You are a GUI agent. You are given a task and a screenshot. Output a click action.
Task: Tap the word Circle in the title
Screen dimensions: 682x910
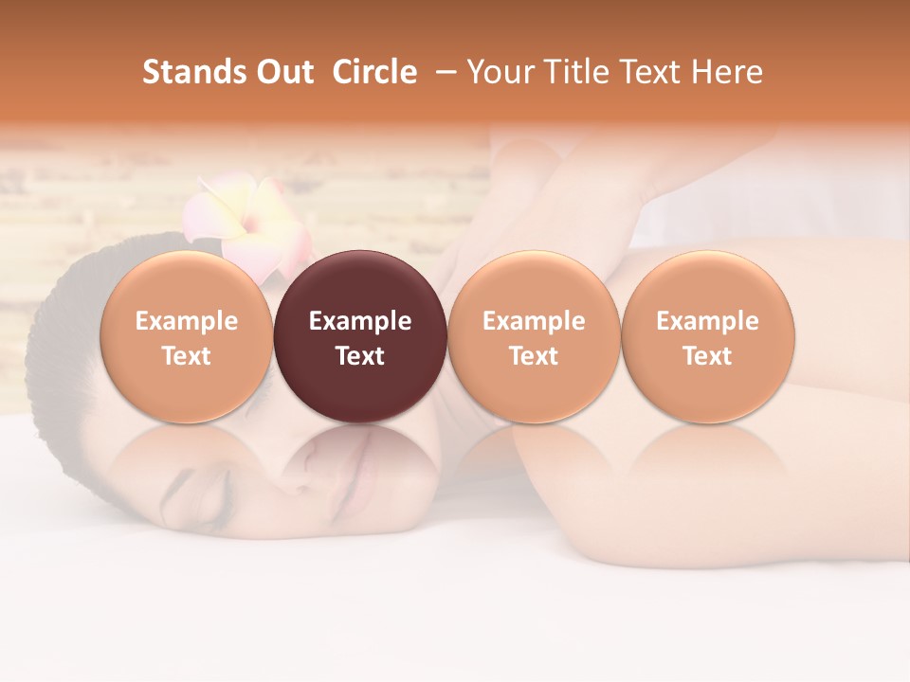[374, 72]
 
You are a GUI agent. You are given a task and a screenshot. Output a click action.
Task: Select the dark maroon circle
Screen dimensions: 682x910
[360, 337]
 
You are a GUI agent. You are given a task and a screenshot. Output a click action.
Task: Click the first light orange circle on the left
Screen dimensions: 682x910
[187, 337]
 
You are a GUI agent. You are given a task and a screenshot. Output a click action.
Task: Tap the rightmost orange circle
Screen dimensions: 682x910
[708, 337]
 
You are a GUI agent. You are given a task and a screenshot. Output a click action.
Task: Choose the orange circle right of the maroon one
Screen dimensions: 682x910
[534, 337]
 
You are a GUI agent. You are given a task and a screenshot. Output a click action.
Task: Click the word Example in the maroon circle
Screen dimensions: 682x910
[360, 321]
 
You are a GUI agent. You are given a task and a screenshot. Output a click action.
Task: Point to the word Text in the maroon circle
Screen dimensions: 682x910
[360, 356]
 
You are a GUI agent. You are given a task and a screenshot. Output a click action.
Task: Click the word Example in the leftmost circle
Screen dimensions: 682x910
[187, 321]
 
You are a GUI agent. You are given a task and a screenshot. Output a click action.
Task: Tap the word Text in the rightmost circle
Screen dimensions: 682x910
[708, 356]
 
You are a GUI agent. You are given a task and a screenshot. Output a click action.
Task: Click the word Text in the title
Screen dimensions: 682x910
[650, 72]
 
